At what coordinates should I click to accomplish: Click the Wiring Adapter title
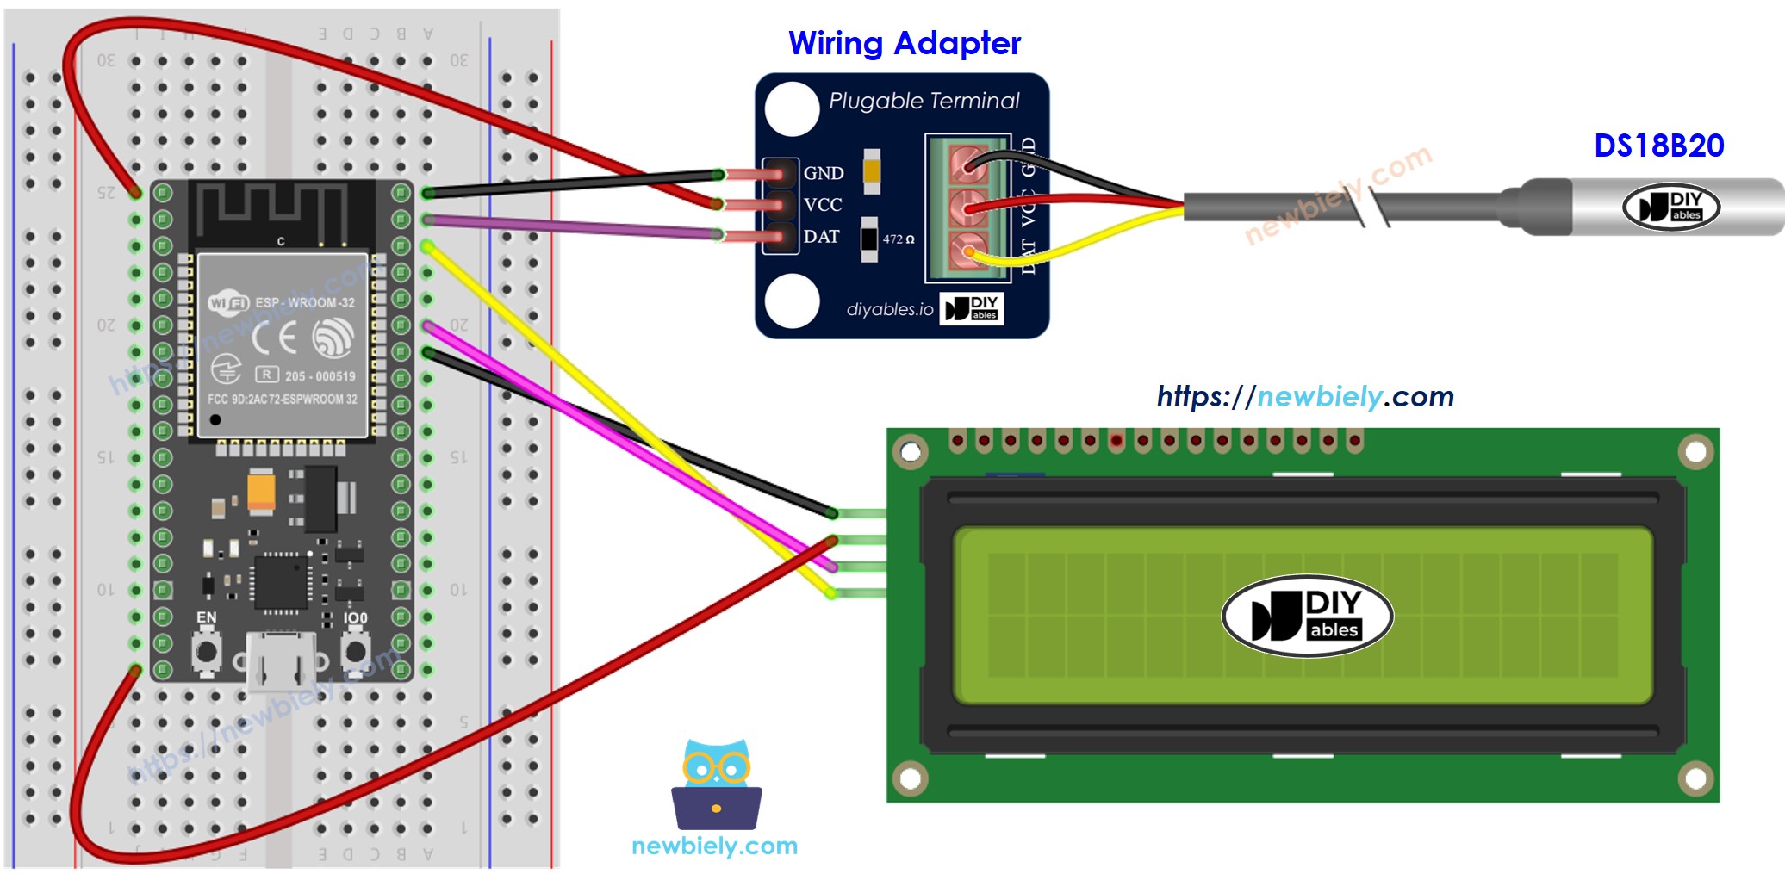coord(904,43)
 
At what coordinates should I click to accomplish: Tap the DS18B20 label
coord(1658,146)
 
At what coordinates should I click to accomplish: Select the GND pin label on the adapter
coord(823,173)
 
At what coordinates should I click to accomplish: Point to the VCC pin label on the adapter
coord(822,205)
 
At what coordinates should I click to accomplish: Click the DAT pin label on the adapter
coord(821,237)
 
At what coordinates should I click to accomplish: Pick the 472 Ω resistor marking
coord(898,239)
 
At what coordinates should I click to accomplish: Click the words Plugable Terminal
coord(924,101)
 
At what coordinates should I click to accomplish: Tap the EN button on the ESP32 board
coord(206,651)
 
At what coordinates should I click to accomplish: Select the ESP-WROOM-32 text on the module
coord(304,302)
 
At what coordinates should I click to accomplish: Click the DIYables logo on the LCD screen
coord(1307,616)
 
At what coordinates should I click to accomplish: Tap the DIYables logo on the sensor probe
coord(1670,208)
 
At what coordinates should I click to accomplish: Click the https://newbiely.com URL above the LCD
coord(1304,396)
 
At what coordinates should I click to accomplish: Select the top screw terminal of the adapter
coord(968,164)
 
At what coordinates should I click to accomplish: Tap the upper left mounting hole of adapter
coord(792,108)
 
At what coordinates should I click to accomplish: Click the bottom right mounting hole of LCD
coord(1695,779)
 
